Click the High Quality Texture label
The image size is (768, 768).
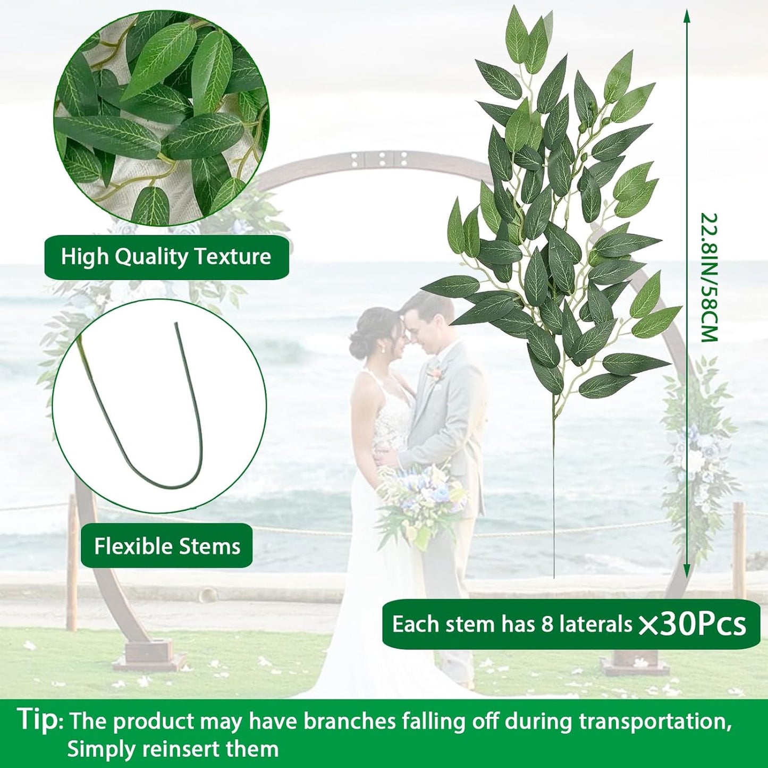(x=166, y=257)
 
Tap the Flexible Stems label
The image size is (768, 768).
(x=167, y=546)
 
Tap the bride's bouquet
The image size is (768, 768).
(x=420, y=500)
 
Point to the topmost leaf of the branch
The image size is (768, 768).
(x=517, y=29)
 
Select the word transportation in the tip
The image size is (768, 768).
(x=653, y=722)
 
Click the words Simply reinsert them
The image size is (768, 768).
(x=173, y=749)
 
